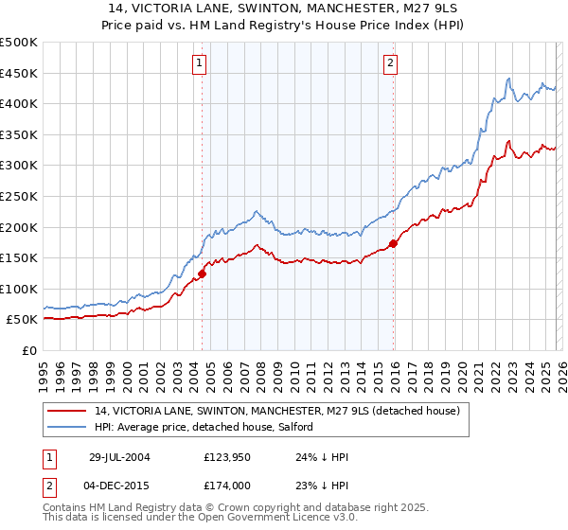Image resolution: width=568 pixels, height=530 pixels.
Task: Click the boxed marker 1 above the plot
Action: click(201, 63)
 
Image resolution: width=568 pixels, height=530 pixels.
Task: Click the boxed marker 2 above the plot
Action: click(390, 63)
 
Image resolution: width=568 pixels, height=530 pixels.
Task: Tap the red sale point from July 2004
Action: click(202, 274)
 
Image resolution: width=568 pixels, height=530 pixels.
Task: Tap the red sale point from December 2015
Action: click(393, 243)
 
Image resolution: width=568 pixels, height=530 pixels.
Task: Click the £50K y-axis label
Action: click(23, 320)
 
